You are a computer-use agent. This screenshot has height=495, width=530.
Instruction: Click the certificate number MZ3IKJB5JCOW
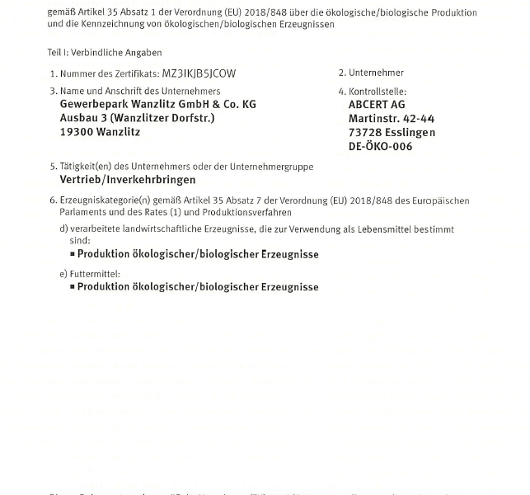pos(199,73)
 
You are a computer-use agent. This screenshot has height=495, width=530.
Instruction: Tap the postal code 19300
pos(78,132)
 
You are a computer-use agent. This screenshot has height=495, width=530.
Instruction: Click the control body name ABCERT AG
pos(377,105)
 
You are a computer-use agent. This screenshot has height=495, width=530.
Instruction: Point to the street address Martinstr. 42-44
pos(392,119)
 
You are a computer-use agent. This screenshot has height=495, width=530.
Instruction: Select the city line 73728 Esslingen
pos(392,133)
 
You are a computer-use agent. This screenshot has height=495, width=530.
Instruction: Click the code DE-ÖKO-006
pos(381,147)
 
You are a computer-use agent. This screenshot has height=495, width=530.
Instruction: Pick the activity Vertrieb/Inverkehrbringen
pos(128,179)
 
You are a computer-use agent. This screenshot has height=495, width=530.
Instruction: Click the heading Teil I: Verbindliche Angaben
pos(105,53)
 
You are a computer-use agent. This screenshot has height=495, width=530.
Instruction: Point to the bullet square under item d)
pos(73,255)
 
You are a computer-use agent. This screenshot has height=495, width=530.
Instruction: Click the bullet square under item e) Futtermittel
pos(73,287)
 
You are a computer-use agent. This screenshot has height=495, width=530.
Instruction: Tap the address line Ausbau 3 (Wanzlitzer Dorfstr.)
pos(138,118)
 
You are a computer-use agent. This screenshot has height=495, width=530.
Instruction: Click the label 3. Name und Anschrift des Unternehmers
pos(135,91)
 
